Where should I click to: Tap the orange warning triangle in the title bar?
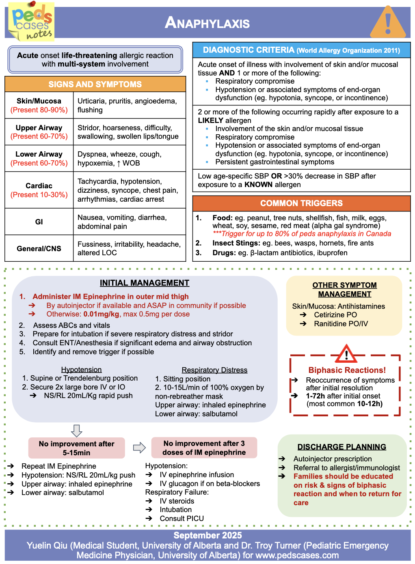(388, 23)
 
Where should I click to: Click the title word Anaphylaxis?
(207, 23)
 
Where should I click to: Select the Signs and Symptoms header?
(95, 84)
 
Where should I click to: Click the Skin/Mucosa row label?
(39, 101)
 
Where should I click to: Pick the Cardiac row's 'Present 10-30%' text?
(39, 195)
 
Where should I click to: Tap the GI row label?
(39, 222)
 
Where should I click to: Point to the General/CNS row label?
(39, 249)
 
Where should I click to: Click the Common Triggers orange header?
(301, 203)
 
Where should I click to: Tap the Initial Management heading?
(145, 283)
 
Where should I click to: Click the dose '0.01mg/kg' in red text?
(101, 314)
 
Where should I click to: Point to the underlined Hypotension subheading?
(81, 370)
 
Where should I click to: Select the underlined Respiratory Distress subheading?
(214, 370)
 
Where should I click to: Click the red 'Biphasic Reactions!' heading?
(347, 370)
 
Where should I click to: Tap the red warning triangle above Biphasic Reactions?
(346, 354)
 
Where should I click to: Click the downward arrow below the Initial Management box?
(76, 431)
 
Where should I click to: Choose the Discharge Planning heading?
(342, 447)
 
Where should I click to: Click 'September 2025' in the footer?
(207, 535)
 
